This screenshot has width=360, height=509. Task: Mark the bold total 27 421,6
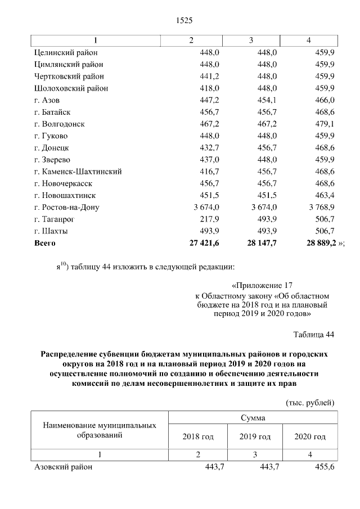(x=200, y=243)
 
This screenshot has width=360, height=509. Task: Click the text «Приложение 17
(x=262, y=286)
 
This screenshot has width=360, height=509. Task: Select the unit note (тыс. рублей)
(x=310, y=402)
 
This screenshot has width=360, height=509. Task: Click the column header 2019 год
(x=254, y=436)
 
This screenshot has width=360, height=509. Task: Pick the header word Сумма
(x=253, y=418)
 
